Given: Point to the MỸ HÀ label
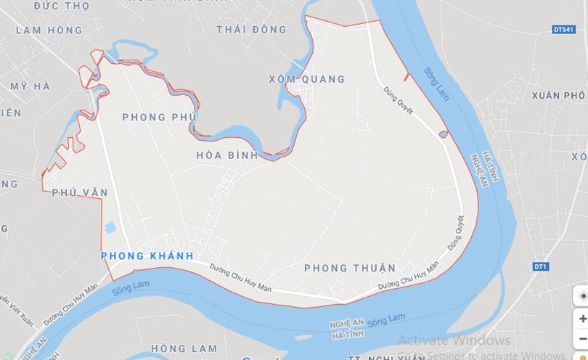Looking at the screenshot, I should point(30,86).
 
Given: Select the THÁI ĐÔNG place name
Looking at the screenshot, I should point(251,30).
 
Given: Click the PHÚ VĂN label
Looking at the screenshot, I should point(80,192).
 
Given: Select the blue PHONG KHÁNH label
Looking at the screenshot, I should point(147,255).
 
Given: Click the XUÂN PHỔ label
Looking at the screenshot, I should point(558,95).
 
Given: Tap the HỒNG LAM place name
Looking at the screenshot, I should point(179,348).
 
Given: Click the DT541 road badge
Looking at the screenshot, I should point(563,30).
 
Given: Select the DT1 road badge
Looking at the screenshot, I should point(539,267).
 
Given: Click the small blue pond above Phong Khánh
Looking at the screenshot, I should point(110,227).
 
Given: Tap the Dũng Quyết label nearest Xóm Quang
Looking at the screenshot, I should point(399,100).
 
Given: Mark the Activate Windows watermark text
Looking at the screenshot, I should point(454,340).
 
